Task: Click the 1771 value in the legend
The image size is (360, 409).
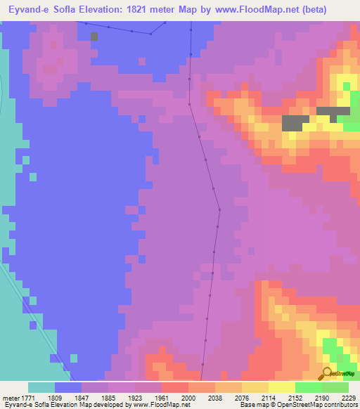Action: [x=27, y=397]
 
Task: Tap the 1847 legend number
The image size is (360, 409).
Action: [x=82, y=397]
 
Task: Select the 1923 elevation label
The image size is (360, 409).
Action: [x=135, y=397]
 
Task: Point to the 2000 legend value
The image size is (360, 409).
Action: [x=188, y=397]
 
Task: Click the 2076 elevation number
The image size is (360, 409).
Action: [x=242, y=397]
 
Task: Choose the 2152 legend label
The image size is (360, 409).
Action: [x=295, y=397]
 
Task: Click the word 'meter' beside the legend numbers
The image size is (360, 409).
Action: [x=10, y=397]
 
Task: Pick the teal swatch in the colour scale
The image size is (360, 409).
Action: [x=41, y=387]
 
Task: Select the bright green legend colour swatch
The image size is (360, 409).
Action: [x=309, y=387]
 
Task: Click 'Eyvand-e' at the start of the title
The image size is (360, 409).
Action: [x=20, y=9]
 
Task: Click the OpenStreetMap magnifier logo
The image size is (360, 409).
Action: [x=328, y=373]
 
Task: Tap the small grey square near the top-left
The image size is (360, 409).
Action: [x=94, y=36]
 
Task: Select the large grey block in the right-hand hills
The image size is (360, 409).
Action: [x=292, y=123]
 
